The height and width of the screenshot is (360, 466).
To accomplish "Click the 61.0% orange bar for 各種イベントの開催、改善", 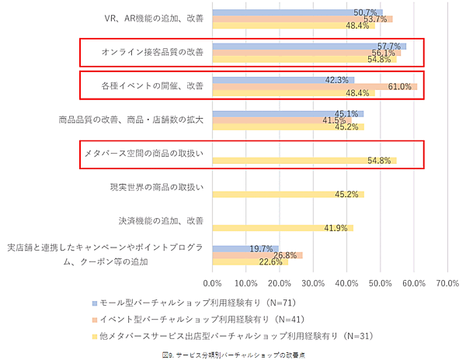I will coord(315,86).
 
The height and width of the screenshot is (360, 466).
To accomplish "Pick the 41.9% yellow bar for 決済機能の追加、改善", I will coord(283,228).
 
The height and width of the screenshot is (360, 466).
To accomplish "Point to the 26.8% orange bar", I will coord(257,255).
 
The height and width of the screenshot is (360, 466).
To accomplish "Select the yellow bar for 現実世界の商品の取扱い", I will coord(288,194).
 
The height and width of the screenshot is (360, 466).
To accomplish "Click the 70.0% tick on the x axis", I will coord(448,283).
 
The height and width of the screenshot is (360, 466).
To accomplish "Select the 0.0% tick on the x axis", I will coord(212,283).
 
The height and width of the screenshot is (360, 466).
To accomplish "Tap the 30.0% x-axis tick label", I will coord(313,283).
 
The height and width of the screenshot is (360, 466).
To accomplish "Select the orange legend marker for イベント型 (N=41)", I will coord(93,319).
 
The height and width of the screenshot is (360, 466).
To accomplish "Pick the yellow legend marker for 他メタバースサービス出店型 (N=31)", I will coord(93,336).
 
